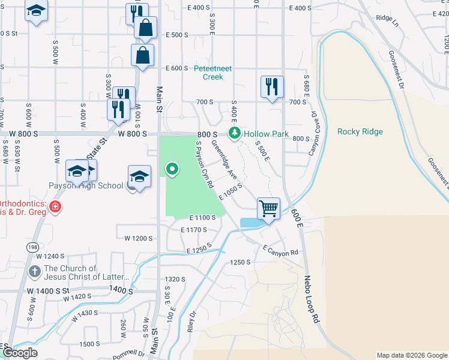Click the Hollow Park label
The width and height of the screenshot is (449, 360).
[266, 134]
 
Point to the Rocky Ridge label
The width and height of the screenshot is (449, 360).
[360, 131]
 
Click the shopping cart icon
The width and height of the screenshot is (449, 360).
[268, 208]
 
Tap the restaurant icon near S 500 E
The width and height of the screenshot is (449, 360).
[271, 86]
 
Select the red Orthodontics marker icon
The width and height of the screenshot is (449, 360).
[55, 207]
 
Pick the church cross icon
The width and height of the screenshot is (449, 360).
[35, 272]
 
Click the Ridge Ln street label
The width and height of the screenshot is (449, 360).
[387, 19]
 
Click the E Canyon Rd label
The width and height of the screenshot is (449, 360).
[280, 250]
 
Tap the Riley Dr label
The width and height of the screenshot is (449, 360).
[191, 322]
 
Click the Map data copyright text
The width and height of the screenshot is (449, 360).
[411, 355]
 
